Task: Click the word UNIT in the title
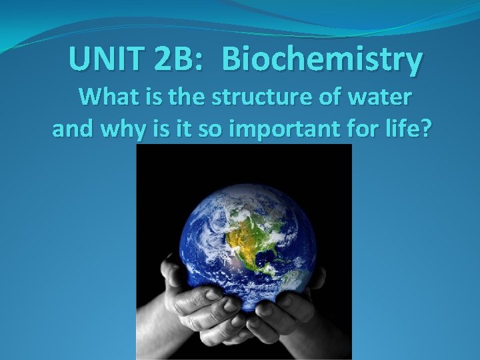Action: point(105,59)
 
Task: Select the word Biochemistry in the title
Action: point(323,60)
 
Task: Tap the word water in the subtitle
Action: point(385,97)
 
